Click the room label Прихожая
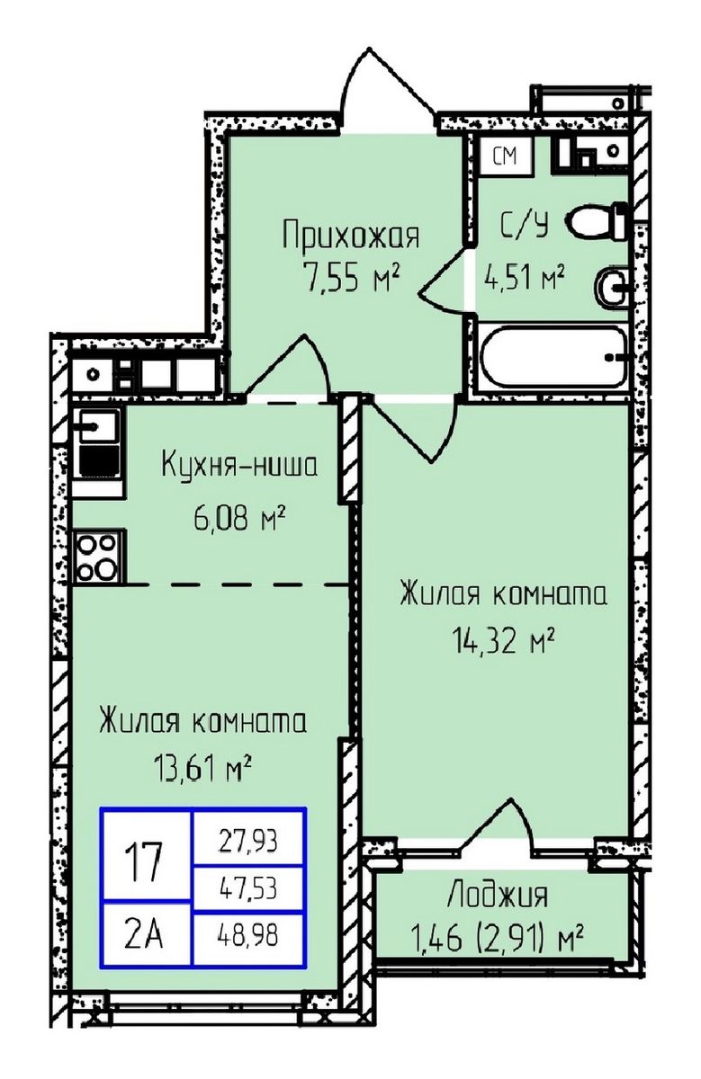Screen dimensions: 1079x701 [x=350, y=237]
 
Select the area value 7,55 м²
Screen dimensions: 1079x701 [x=351, y=280]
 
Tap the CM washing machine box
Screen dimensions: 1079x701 [x=506, y=156]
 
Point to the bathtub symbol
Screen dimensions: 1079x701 [x=554, y=359]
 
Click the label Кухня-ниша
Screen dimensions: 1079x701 [x=239, y=467]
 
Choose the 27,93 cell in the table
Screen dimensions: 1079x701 [x=248, y=842]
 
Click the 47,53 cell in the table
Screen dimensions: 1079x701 [x=248, y=889]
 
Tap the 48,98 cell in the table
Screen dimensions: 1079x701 [x=248, y=936]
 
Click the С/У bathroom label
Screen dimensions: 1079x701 [x=525, y=224]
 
